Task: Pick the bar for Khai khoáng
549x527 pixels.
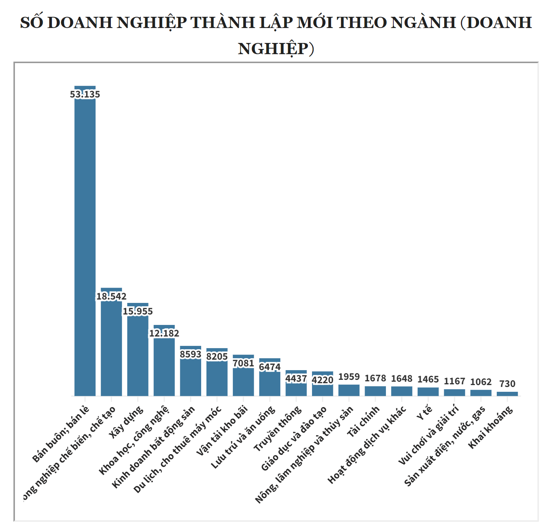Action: (x=507, y=394)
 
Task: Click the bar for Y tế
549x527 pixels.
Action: (x=428, y=391)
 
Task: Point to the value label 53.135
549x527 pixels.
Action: (x=85, y=94)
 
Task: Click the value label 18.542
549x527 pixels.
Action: (x=112, y=297)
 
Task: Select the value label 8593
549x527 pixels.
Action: (x=191, y=354)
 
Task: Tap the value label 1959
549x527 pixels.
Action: (x=349, y=377)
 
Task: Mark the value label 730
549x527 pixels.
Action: (x=507, y=384)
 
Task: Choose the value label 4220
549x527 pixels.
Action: (x=322, y=380)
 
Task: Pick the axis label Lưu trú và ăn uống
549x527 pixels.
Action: (x=243, y=437)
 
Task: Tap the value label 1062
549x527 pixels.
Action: (x=481, y=382)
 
